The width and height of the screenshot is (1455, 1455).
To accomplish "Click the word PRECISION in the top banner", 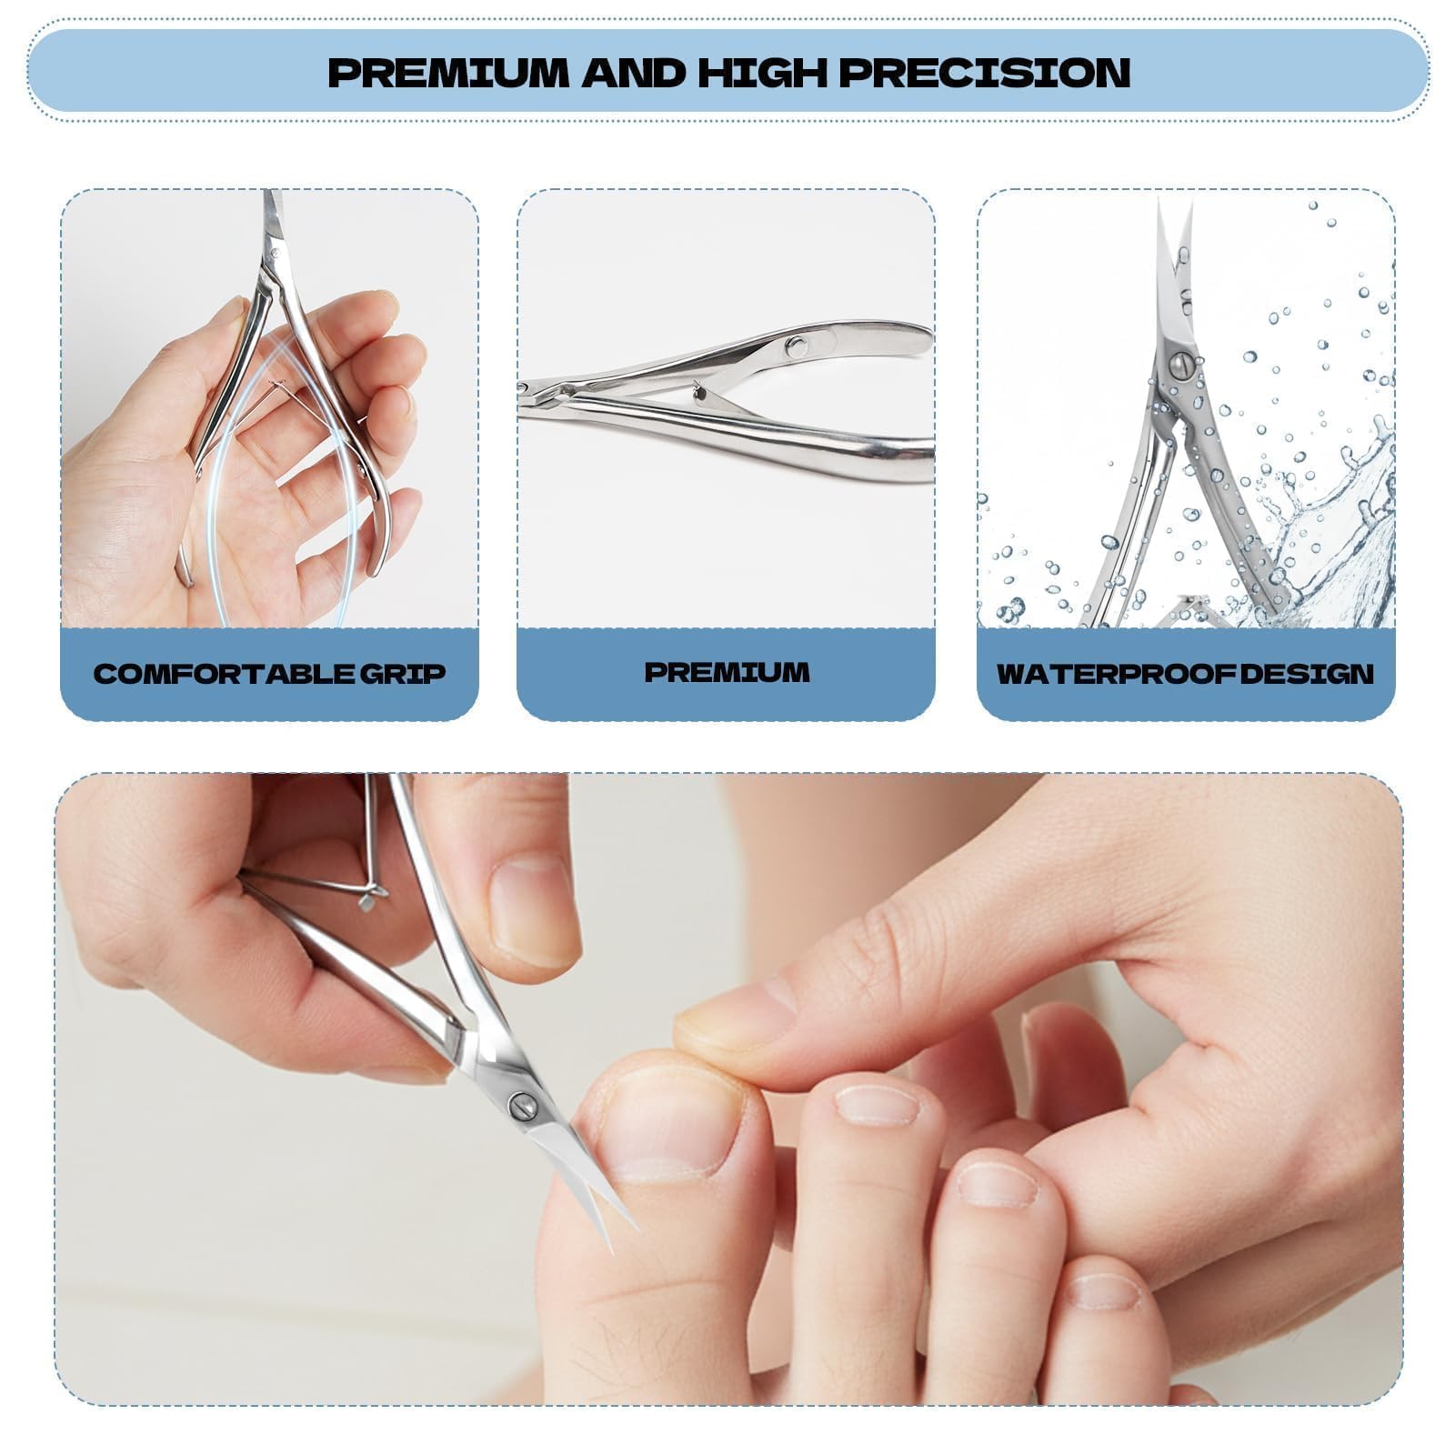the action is click(x=984, y=72).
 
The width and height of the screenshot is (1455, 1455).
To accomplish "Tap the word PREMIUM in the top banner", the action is click(x=451, y=72).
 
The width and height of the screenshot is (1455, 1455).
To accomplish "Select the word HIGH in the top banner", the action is click(x=764, y=72).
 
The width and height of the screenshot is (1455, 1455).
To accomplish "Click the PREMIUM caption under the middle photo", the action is click(x=727, y=672).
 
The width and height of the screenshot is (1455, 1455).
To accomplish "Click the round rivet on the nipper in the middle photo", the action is click(x=797, y=346).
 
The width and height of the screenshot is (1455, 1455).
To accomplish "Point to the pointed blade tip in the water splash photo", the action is click(x=1160, y=200).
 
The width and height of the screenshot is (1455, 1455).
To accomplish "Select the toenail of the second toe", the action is click(x=878, y=1105).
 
